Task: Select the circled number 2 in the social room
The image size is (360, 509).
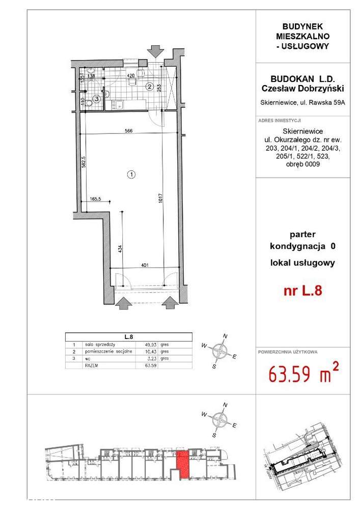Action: tap(149, 87)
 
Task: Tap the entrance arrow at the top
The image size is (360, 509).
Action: tap(154, 51)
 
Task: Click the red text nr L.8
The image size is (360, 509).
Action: tap(302, 292)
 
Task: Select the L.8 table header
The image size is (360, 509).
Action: tap(128, 336)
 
